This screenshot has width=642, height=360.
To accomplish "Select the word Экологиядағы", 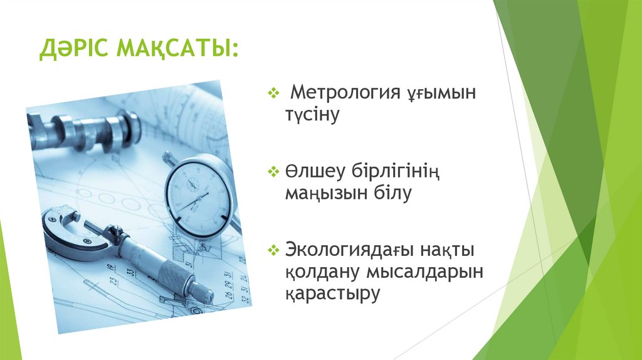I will (352, 250).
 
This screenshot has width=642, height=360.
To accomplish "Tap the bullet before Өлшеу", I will (273, 171).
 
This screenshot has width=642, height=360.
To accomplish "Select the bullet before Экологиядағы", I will (273, 250).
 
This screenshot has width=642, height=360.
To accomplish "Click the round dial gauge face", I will (197, 189).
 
